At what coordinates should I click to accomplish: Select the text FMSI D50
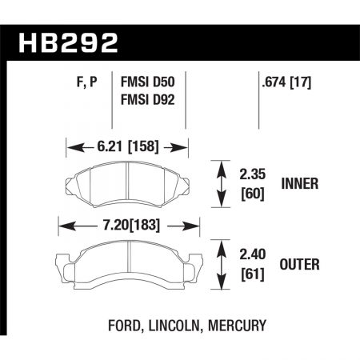tap(148, 80)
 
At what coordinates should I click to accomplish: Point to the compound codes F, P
tap(81, 80)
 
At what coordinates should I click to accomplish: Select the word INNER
tap(301, 183)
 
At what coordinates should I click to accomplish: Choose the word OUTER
tap(301, 265)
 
